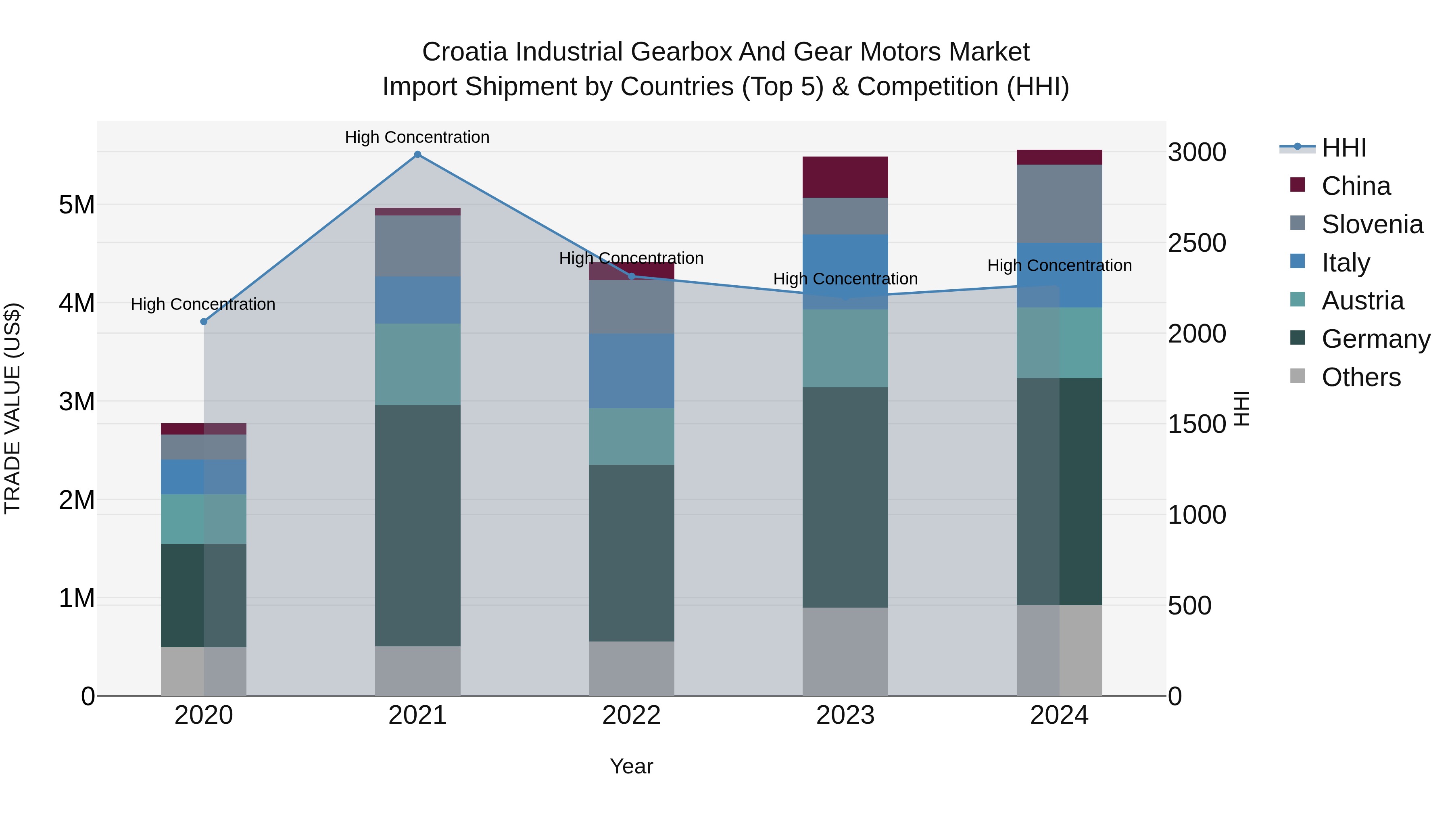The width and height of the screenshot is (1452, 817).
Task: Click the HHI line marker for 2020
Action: (x=204, y=322)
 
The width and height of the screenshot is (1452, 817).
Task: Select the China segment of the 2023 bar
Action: (x=845, y=177)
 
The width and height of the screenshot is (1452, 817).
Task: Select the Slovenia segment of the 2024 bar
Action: (x=1059, y=204)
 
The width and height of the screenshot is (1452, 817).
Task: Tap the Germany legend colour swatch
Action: (x=1297, y=339)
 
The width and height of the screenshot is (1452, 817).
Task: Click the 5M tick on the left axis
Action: (x=77, y=205)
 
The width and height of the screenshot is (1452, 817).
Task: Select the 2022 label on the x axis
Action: (x=631, y=715)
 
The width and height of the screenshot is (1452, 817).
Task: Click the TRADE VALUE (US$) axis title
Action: (x=13, y=408)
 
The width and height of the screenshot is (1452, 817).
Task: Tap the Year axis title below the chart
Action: (x=631, y=766)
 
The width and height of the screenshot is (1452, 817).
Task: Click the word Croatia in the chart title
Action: (x=465, y=52)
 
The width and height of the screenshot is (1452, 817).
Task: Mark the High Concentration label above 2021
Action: (x=417, y=137)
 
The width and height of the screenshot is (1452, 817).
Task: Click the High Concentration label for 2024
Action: (x=1059, y=265)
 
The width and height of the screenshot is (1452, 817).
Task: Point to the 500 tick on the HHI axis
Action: (x=1189, y=606)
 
